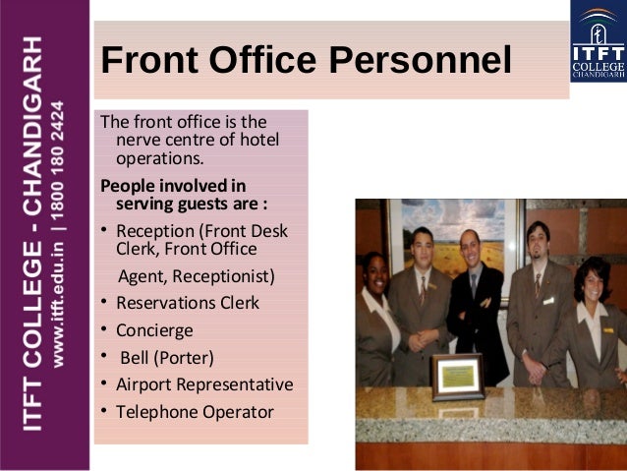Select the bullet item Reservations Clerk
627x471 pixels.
[188, 303]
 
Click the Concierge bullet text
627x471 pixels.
[154, 330]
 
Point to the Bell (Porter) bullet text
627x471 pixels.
[165, 357]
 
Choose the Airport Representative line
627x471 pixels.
[204, 384]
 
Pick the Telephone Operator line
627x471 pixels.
[195, 412]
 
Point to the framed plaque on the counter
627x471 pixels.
[457, 377]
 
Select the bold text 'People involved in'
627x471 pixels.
[173, 186]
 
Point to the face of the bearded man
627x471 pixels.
[537, 241]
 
